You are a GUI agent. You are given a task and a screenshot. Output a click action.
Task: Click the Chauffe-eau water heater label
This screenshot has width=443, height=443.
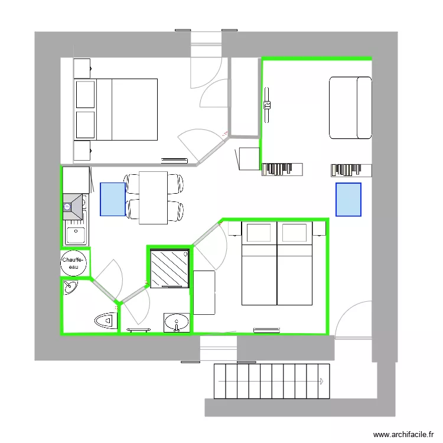[x=74, y=263]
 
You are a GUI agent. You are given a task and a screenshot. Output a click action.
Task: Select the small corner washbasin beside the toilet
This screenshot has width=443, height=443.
[x=70, y=288]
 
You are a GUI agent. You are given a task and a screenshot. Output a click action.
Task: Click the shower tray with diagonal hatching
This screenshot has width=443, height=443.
[x=168, y=268]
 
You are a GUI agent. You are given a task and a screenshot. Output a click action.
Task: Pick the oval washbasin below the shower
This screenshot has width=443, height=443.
[x=176, y=323]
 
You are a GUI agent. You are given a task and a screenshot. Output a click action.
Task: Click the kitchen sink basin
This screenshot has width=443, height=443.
[x=75, y=235]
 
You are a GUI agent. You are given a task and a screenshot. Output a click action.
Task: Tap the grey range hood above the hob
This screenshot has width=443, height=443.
[x=73, y=206]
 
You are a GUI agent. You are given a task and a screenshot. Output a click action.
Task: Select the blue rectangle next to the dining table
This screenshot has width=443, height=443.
[x=113, y=199]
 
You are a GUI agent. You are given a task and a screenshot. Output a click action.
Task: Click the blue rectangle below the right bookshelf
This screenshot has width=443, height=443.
[x=348, y=200]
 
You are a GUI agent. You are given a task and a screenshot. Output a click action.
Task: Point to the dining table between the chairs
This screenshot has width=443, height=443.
[x=153, y=197]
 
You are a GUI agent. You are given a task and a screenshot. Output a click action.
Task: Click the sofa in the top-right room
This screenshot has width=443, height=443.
[x=350, y=108]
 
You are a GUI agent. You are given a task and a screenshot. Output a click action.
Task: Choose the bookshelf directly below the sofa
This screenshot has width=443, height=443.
[x=351, y=170]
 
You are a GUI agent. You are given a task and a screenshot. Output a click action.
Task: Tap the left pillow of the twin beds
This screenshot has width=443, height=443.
[x=258, y=233]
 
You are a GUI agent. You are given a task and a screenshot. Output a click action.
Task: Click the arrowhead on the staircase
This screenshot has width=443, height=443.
[x=323, y=381]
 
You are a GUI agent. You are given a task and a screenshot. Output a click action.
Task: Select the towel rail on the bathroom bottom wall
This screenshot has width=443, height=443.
[x=139, y=330]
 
